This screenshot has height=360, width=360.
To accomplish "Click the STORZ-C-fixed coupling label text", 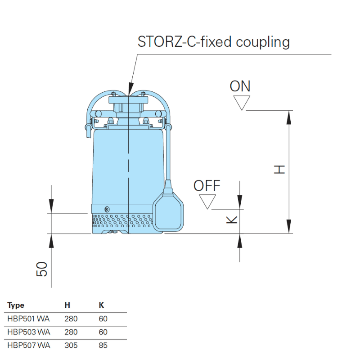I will tap(214, 42).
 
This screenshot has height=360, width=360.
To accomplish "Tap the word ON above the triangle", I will tap(240, 86).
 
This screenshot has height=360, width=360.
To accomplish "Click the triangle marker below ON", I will tap(242, 103).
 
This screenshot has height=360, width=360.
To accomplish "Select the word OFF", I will tap(207, 186).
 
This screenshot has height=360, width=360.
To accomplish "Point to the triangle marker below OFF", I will tap(207, 202).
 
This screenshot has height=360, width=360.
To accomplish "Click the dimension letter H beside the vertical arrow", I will tap(280, 170).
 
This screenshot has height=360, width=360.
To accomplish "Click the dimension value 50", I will tap(41, 269).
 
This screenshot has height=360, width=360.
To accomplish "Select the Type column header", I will tap(16, 306).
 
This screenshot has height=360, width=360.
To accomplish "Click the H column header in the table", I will tap(67, 306).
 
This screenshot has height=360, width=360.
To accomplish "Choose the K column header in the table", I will tap(101, 306).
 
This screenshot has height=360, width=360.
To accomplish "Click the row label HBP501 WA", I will tap(28, 319).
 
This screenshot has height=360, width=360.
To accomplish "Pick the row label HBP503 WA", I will tap(28, 332).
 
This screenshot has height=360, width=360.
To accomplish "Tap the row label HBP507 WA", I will tap(28, 346).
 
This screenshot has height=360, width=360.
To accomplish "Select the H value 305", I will tap(71, 346).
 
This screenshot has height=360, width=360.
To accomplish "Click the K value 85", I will tap(103, 346).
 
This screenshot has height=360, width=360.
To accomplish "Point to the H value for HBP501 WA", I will tap(71, 319).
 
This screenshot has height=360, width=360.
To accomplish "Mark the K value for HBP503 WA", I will tap(103, 332).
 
